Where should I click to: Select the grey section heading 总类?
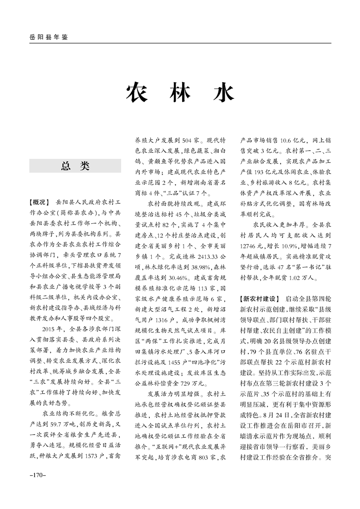[x=75, y=166]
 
